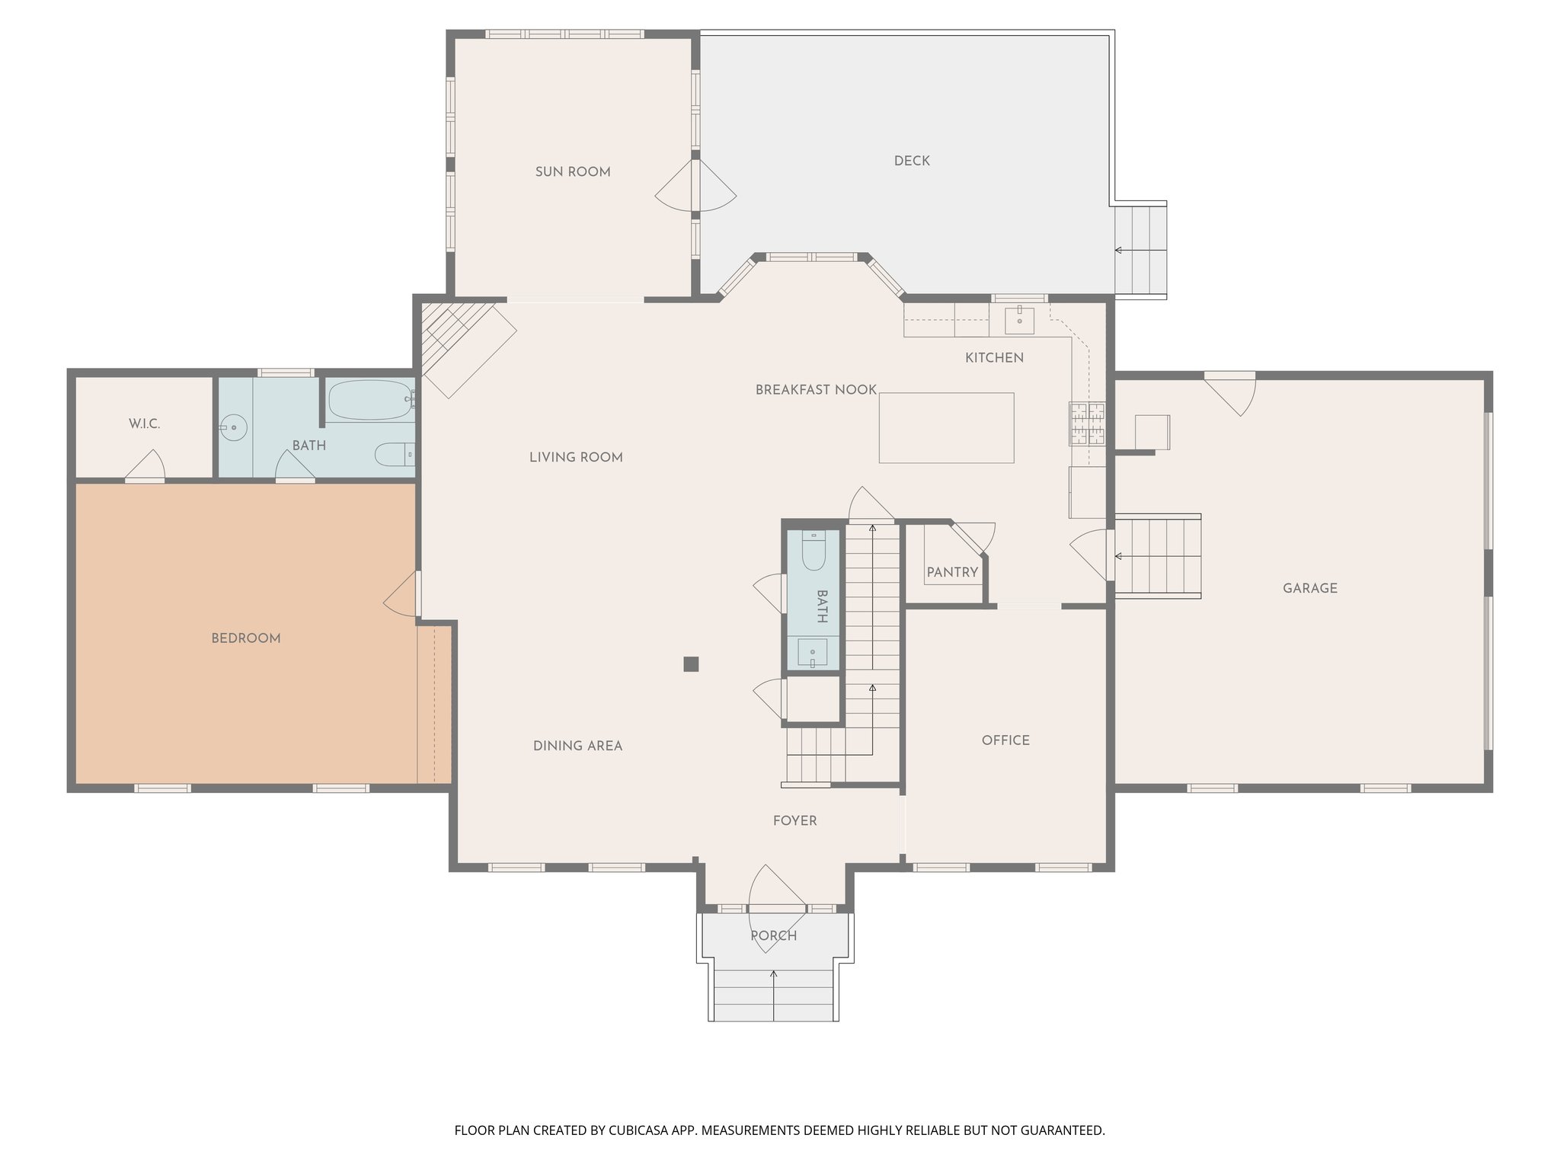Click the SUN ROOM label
point(573,172)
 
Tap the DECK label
point(912,161)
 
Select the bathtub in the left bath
point(370,401)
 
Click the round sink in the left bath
point(234,428)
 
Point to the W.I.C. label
point(144,424)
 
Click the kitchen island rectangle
point(946,428)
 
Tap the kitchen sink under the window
point(1019,321)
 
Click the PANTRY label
point(952,572)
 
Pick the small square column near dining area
point(691,664)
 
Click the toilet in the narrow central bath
point(814,551)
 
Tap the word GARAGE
point(1309,588)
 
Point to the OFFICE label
point(1005,740)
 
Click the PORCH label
point(773,935)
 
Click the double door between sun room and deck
point(695,186)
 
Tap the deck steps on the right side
point(1140,250)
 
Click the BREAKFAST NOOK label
point(816,390)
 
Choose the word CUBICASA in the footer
point(639,1130)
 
